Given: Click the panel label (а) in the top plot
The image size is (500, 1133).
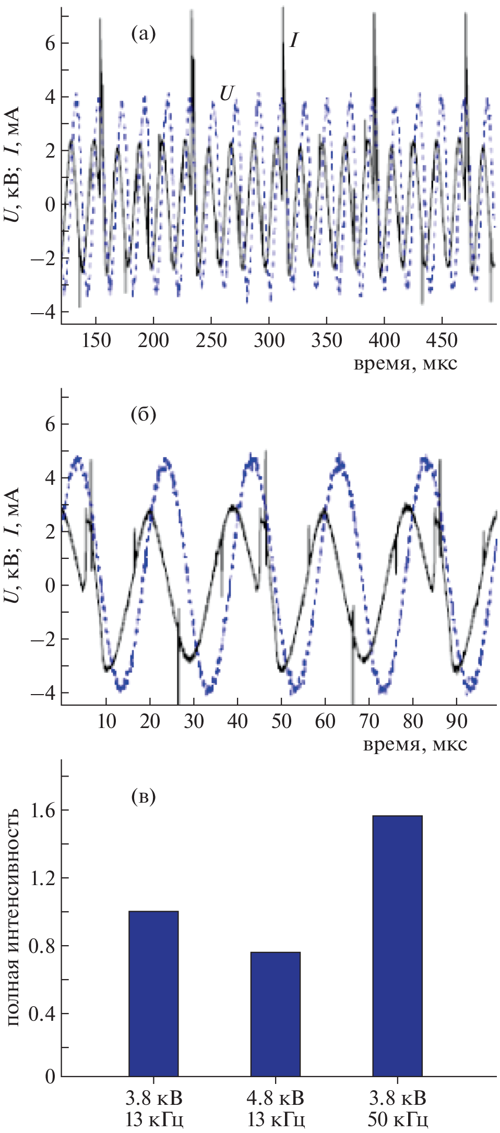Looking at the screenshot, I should coord(143,34).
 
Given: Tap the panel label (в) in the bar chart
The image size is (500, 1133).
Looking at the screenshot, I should coord(143,796).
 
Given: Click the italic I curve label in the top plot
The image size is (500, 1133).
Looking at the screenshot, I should coord(294,40).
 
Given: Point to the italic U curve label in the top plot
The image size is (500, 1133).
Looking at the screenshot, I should coord(227,93).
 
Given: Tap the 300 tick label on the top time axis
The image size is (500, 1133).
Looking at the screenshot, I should coord(269,341).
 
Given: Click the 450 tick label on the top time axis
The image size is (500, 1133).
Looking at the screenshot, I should coord(442,341).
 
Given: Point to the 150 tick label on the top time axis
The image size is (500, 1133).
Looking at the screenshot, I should coord(96,341).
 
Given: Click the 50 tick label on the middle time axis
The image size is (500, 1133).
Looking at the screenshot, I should coord(281,721).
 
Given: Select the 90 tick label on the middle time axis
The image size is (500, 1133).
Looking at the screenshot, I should coord(456,721).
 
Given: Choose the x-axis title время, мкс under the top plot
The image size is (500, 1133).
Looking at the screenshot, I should coord(405,363).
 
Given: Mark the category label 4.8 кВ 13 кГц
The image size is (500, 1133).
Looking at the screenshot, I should coord(275,1108).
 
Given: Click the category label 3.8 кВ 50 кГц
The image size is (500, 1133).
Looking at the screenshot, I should coord(397,1108).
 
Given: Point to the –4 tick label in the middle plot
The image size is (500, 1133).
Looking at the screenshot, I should coord(42,693).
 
